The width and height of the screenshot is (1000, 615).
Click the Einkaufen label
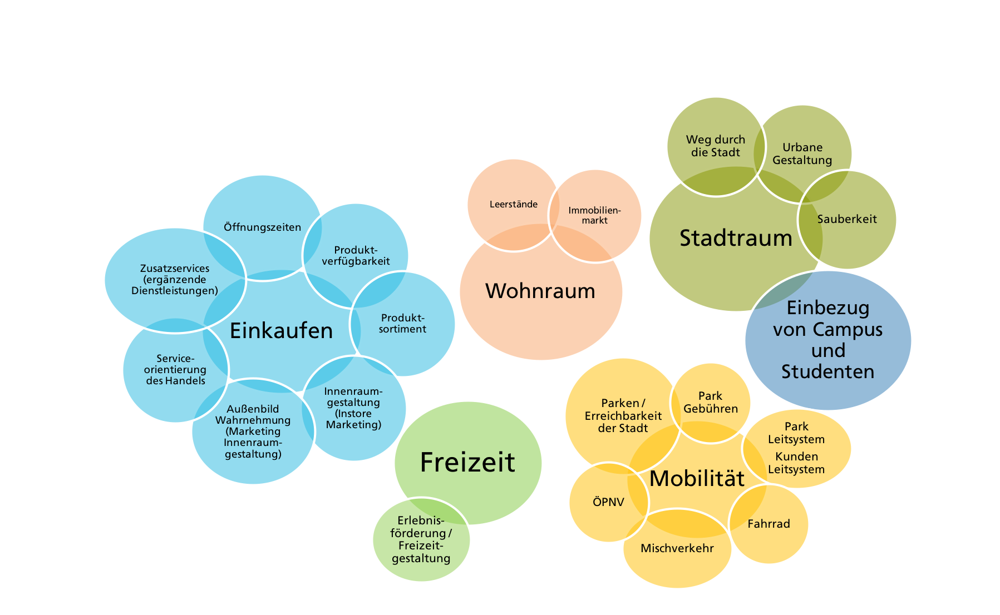[281, 331]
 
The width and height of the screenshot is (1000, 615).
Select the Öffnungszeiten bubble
[262, 227]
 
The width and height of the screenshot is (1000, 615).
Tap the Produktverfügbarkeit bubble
[356, 256]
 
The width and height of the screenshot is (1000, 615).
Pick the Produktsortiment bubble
[402, 324]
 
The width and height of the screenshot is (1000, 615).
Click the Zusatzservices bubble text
[174, 279]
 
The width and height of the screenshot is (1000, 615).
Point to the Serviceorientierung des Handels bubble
[175, 370]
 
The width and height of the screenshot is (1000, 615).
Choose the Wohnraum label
[540, 291]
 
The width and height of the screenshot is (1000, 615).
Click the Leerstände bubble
[513, 204]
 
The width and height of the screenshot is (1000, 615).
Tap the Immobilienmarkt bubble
[595, 215]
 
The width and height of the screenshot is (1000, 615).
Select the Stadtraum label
[736, 238]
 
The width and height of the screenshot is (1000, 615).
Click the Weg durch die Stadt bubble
[715, 146]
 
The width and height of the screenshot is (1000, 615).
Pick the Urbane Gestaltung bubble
[802, 153]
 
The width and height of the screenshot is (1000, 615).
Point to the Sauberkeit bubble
[847, 219]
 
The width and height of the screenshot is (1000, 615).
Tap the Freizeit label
[467, 463]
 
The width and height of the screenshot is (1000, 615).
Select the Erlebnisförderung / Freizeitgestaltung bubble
[421, 539]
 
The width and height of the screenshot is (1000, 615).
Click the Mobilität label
[697, 479]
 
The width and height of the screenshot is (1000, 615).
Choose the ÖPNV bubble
[608, 502]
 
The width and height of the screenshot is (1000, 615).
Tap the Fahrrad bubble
[769, 524]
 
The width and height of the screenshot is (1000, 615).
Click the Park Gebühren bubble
[711, 403]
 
